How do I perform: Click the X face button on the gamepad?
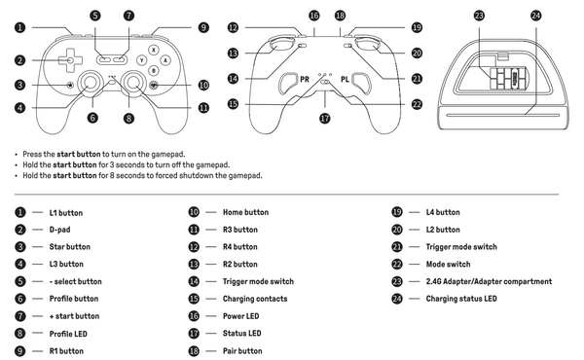(152, 49)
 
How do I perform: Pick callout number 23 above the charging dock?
(479, 16)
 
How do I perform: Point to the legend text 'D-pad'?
(60, 229)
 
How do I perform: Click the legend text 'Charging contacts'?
(255, 299)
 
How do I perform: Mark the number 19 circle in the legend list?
(397, 211)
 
